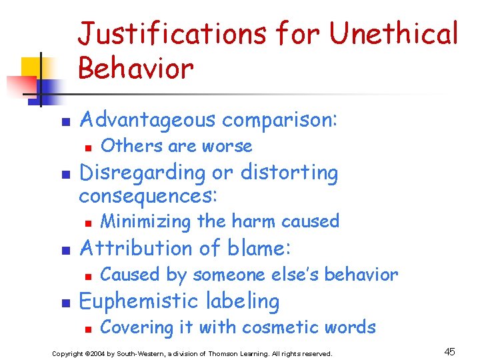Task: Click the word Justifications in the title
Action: (x=171, y=33)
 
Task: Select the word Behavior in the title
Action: (x=136, y=67)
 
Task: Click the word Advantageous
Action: (x=147, y=120)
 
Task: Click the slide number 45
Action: (x=450, y=351)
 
